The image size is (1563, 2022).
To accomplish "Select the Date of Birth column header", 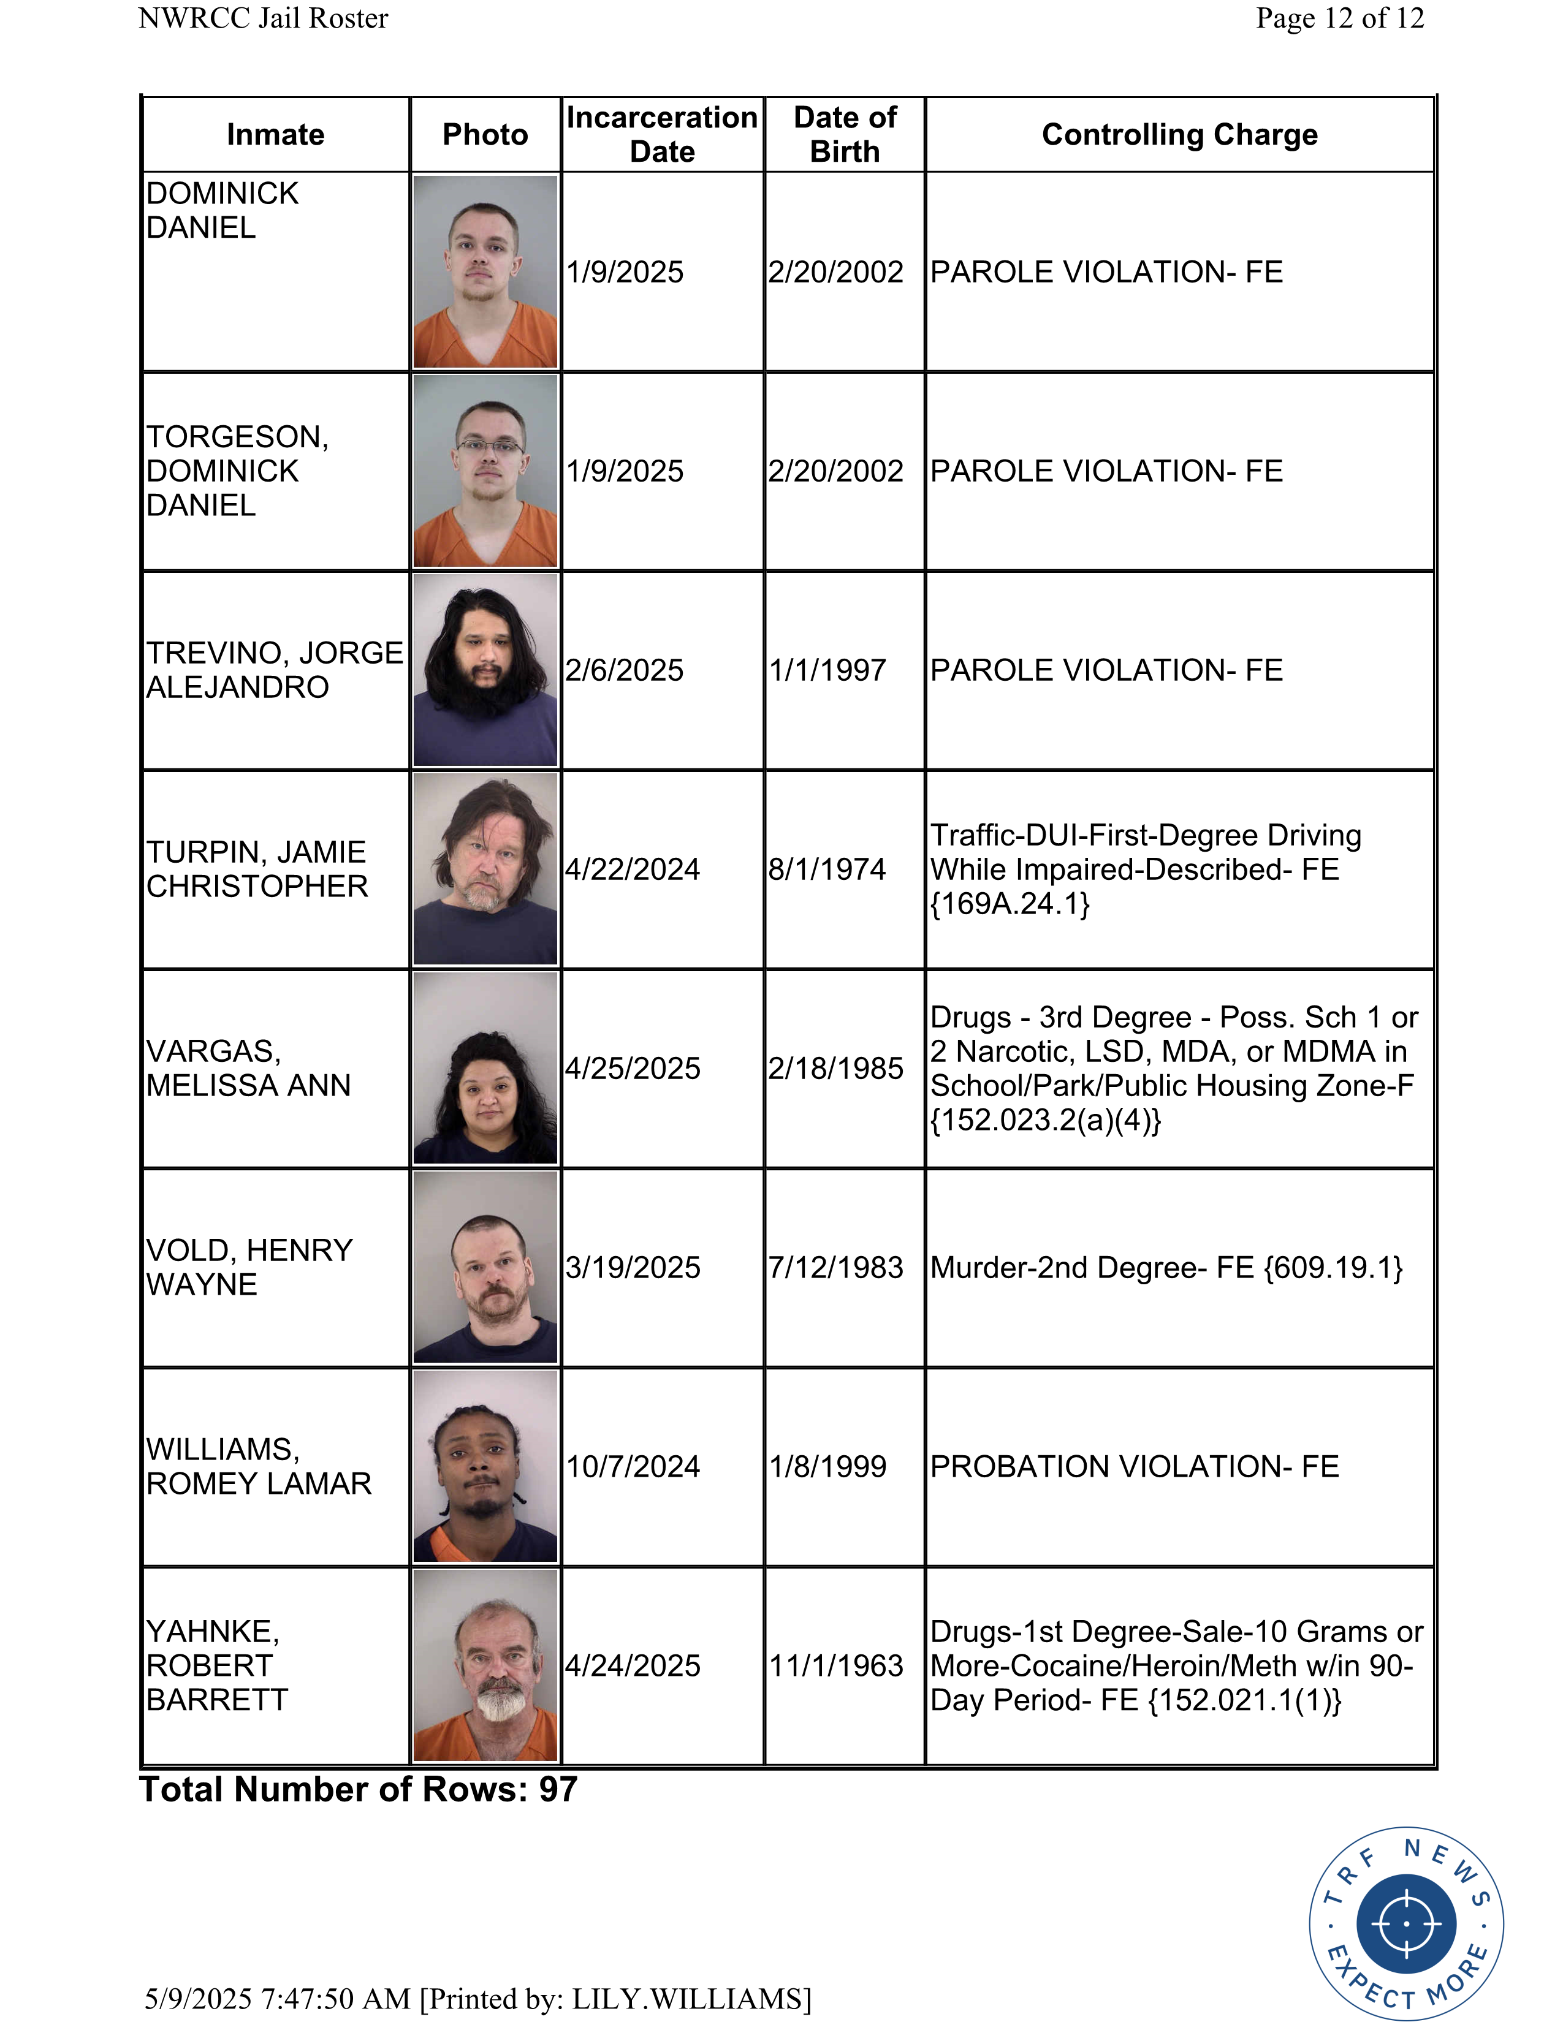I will click(x=845, y=134).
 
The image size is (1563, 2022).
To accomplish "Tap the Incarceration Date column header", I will click(x=662, y=134).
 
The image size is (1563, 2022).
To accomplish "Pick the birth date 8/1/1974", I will click(x=827, y=869).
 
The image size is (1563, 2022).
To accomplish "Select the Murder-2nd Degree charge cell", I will click(x=1166, y=1268).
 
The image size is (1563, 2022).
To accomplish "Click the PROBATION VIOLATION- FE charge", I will click(x=1135, y=1466).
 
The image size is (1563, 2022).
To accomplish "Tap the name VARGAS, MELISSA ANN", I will click(x=248, y=1069).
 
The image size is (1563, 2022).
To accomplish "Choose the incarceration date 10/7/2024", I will click(x=633, y=1466).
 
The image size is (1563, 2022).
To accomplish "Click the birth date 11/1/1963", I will click(x=835, y=1665).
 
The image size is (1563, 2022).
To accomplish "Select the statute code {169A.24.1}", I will click(x=1010, y=904).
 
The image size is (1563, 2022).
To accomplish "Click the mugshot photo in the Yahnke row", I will click(x=485, y=1665).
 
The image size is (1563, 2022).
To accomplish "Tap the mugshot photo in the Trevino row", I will click(x=485, y=670).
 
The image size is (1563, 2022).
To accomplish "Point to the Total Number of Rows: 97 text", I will click(x=359, y=1790).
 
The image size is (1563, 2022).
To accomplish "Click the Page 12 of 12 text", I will click(x=1339, y=18).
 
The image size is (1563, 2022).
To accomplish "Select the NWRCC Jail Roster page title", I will click(x=263, y=18).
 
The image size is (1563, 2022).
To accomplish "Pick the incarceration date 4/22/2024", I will click(x=633, y=869).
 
